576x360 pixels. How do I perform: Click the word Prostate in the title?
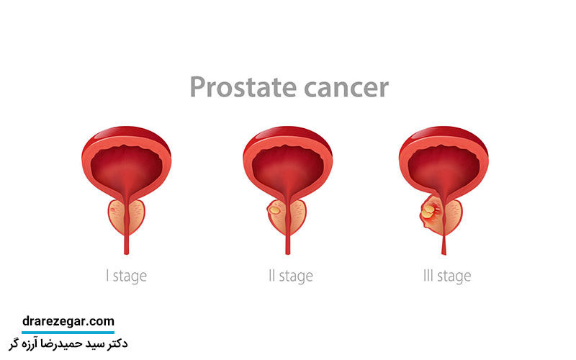point(243,87)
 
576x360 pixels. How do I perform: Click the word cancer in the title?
point(346,88)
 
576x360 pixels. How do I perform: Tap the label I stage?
point(127,276)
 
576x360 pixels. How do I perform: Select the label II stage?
point(291,276)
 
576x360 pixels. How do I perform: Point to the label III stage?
point(447,276)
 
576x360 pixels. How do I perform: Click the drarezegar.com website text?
point(68,321)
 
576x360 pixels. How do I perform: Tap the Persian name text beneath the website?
point(68,344)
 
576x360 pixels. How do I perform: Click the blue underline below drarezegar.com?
point(68,333)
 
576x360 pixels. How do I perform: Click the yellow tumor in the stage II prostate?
point(274,210)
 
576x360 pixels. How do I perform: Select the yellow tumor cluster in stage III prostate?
point(428,212)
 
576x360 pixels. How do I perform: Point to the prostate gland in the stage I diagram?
point(127,217)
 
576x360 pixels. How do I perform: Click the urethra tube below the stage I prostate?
point(127,244)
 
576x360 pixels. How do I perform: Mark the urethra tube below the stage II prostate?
point(287,244)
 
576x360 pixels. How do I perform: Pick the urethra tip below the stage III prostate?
point(444,253)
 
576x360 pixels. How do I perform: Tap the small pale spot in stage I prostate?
point(113,210)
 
